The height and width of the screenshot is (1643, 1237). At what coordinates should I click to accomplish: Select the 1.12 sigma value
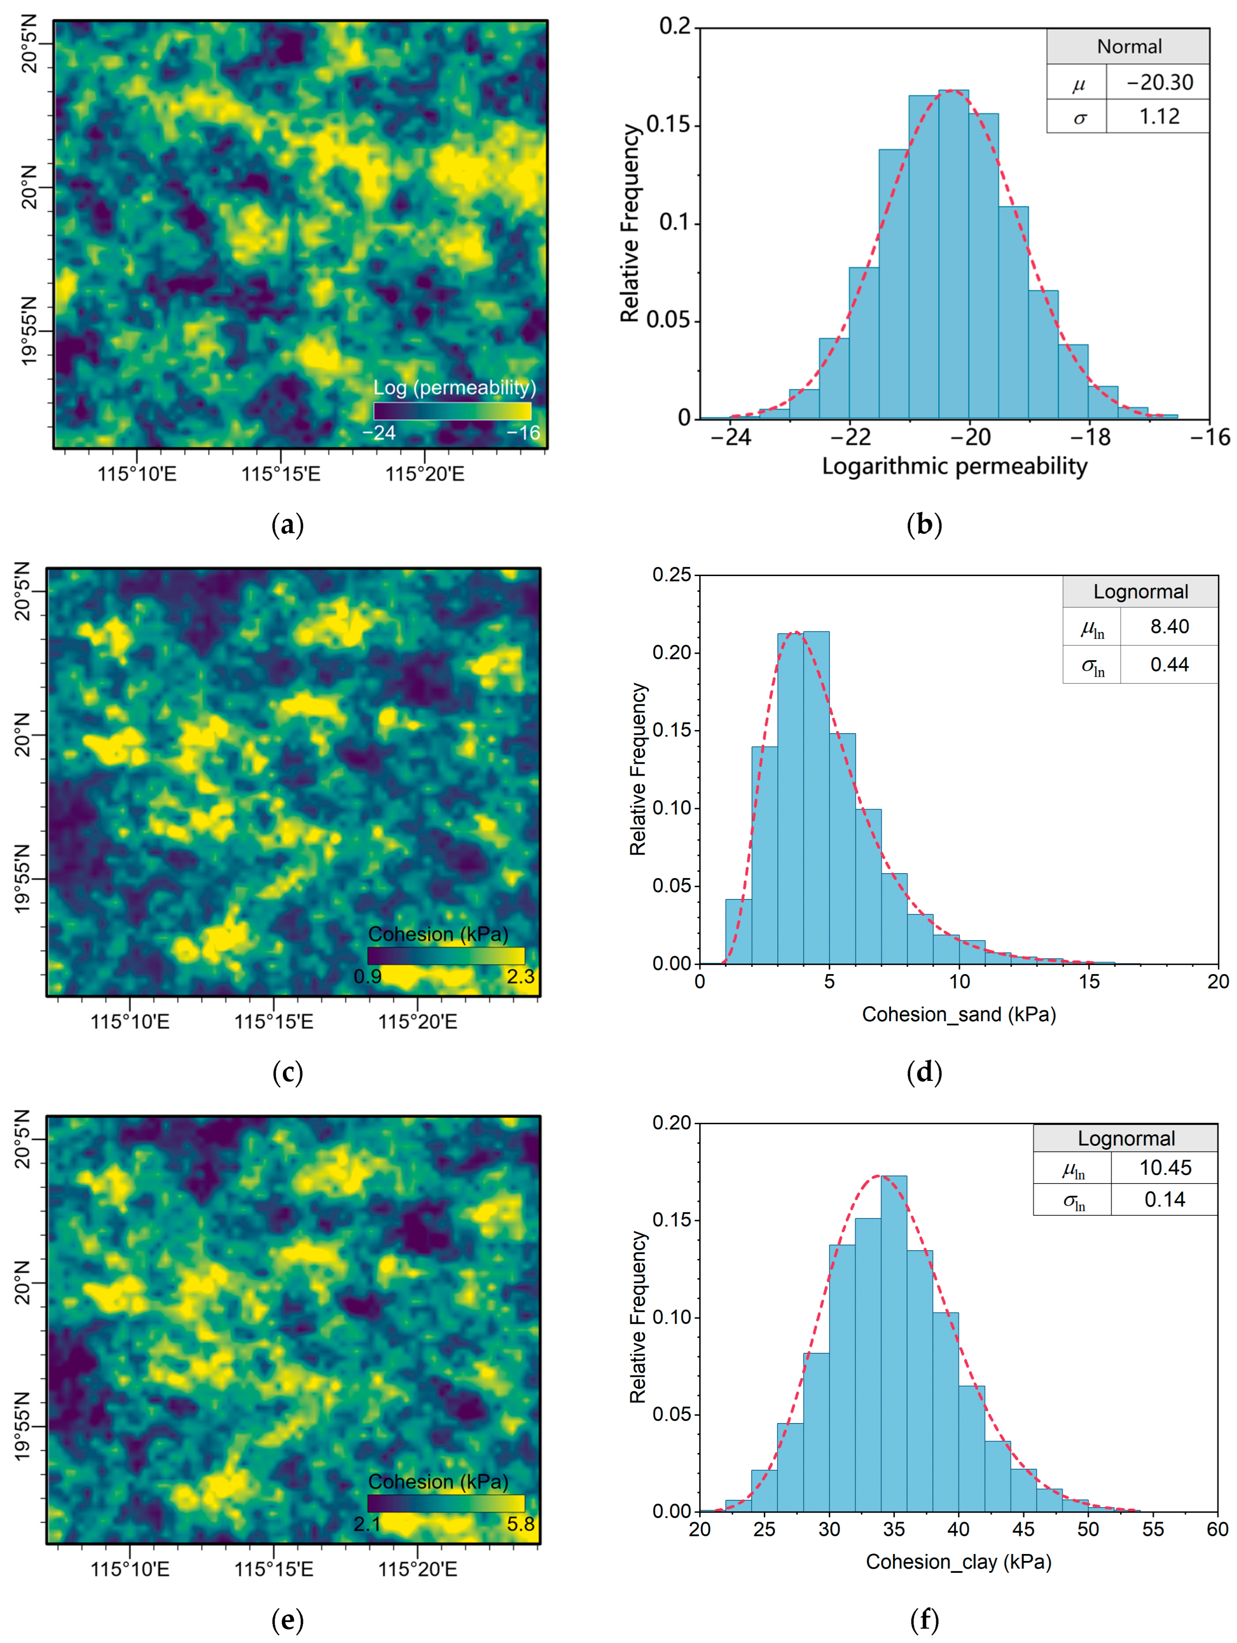coord(1159,116)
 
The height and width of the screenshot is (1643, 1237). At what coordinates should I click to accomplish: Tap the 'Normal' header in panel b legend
coord(1128,47)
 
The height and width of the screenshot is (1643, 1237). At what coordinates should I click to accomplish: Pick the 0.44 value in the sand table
coord(1169,664)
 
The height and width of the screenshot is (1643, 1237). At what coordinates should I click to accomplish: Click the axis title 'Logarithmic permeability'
coord(954,466)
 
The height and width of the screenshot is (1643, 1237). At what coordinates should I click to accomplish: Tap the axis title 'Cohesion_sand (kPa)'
coord(959,1015)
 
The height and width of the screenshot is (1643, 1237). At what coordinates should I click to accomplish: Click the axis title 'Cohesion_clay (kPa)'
coord(959,1562)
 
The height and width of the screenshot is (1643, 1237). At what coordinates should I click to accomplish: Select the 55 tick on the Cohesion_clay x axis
coord(1152,1530)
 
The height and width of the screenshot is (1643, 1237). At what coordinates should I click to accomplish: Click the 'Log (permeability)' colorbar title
coord(454,388)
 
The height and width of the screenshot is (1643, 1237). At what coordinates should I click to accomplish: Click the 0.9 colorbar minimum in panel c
coord(367,976)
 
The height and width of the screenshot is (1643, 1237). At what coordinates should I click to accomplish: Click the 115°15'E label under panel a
coord(280,474)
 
